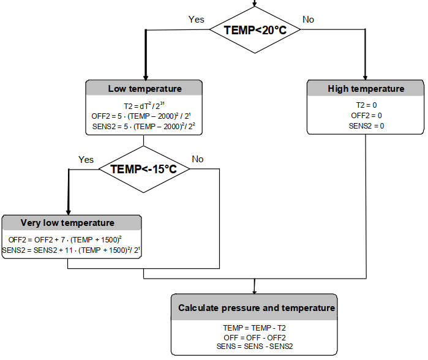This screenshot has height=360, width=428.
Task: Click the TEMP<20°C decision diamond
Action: pyautogui.click(x=255, y=29)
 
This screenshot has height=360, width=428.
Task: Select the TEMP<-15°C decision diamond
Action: pyautogui.click(x=143, y=168)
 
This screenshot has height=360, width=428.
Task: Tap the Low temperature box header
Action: pyautogui.click(x=145, y=89)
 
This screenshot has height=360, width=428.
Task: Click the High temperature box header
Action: pyautogui.click(x=366, y=89)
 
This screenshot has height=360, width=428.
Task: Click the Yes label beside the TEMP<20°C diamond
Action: pyautogui.click(x=196, y=20)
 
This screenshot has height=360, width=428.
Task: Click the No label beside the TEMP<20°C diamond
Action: pyautogui.click(x=308, y=20)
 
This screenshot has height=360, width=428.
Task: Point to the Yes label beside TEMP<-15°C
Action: pyautogui.click(x=86, y=159)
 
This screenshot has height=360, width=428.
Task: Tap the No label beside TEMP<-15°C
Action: pyautogui.click(x=198, y=159)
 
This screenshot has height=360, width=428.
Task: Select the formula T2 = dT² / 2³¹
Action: pyautogui.click(x=145, y=105)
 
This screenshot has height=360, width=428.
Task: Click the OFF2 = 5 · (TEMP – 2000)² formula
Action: pyautogui.click(x=145, y=116)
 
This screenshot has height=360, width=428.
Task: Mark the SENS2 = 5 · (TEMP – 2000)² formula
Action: pyautogui.click(x=145, y=127)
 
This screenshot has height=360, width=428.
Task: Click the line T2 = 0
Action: pyautogui.click(x=366, y=105)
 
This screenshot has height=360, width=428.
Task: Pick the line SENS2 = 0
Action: pyautogui.click(x=366, y=126)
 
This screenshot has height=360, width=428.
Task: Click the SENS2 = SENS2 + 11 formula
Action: pyautogui.click(x=72, y=250)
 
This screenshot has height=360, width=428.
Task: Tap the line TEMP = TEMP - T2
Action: pyautogui.click(x=254, y=328)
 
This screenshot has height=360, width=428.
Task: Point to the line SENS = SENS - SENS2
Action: pyautogui.click(x=254, y=346)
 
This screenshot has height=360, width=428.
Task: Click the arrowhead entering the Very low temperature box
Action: pyautogui.click(x=69, y=210)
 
